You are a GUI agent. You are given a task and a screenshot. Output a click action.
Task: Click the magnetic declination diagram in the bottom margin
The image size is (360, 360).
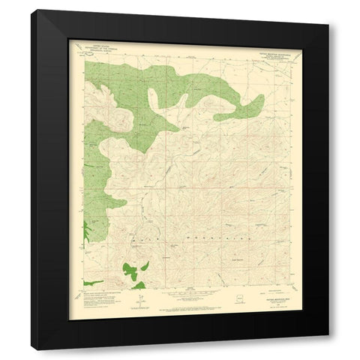coord(137,297)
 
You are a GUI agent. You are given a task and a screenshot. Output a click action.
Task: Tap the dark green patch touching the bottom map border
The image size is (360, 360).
coord(138,285)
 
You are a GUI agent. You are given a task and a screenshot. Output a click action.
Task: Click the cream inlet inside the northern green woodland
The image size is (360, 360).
coord(154,97)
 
